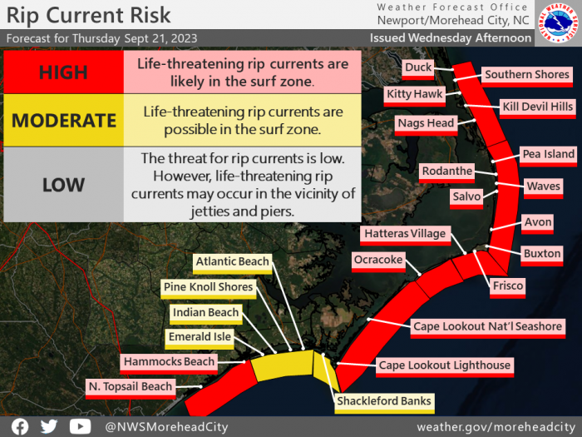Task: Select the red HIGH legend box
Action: click(x=63, y=72)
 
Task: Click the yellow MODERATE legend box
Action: click(x=63, y=120)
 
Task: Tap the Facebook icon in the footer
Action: click(x=20, y=426)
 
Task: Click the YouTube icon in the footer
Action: click(x=80, y=426)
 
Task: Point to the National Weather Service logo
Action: click(x=558, y=23)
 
